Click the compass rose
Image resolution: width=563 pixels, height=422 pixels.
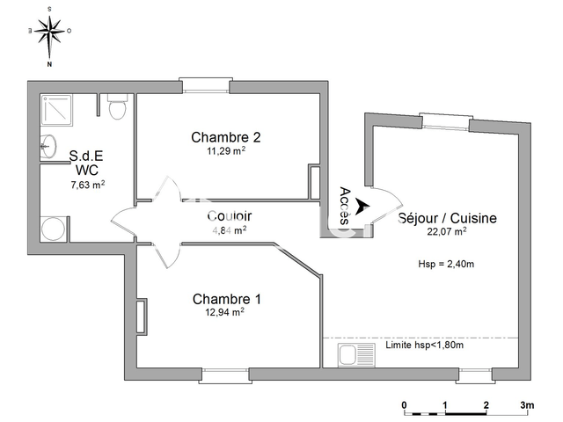(50, 35)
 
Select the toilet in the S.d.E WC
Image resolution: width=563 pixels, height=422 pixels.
(117, 109)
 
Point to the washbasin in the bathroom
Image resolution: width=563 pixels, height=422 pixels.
(48, 147)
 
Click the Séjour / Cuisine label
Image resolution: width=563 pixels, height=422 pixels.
(447, 218)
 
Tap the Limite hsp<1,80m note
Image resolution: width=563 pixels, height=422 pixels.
(424, 345)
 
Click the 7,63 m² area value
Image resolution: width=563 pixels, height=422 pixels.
(88, 185)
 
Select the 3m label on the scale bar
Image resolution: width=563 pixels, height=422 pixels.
(527, 405)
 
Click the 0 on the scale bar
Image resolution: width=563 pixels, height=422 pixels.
(404, 405)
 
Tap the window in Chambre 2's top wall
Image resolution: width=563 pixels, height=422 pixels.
(204, 85)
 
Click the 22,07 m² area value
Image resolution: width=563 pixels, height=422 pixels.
(447, 232)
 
